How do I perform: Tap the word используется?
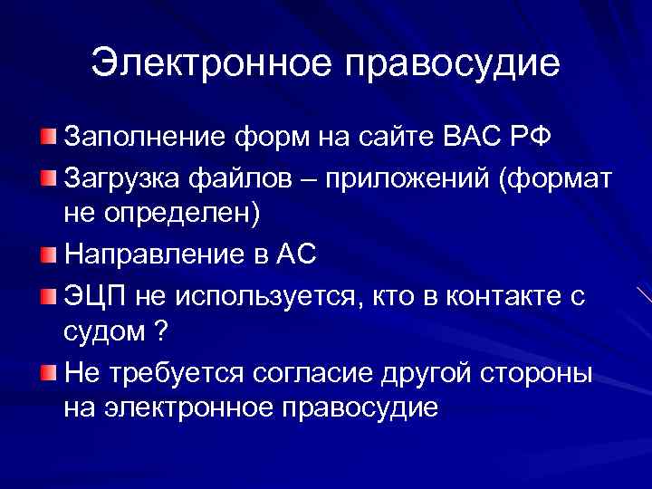click(x=253, y=298)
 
